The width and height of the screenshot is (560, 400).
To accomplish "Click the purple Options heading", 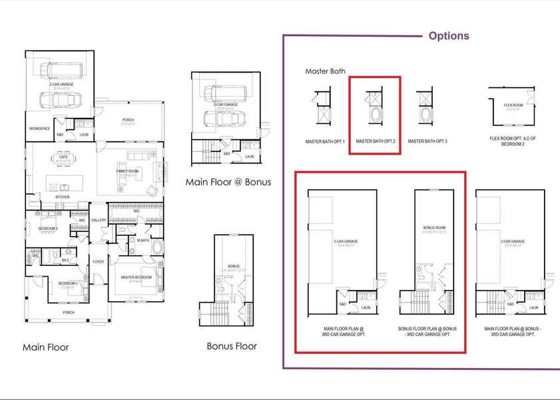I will coord(448,36).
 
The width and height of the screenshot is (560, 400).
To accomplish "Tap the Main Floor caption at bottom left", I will coord(45,347).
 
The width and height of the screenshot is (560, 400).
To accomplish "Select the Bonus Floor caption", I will coord(231,346).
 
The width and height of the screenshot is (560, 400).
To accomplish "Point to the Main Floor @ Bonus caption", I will coord(228,182).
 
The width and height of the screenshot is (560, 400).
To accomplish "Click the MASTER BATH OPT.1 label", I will coord(325,141).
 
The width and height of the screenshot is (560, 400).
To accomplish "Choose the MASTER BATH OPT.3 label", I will coord(428,141).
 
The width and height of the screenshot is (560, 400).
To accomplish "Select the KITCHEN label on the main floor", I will coord(62,197).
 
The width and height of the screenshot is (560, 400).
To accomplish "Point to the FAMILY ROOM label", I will coord(129,171).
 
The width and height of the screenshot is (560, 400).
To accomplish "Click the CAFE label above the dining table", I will coord(63,157).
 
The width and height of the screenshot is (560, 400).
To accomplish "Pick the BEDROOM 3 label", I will coord(47,228).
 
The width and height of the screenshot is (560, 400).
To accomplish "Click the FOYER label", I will coord(99,262).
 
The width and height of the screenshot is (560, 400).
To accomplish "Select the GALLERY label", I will coord(99,220).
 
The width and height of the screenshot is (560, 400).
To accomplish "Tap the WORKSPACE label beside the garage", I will coord(39,129).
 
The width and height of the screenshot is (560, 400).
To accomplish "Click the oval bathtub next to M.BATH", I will coord(158,248).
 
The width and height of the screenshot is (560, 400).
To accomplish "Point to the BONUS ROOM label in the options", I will coord(433,227).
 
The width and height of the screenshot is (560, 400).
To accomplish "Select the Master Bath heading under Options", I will coord(325,71).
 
